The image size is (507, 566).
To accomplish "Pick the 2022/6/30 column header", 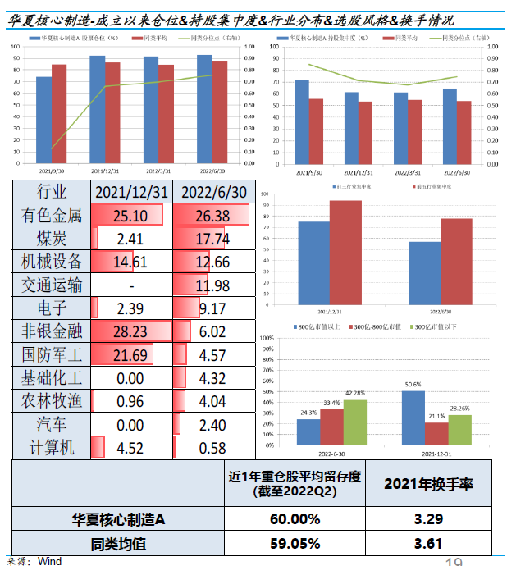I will (x=215, y=193).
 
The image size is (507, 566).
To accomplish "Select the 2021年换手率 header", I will (x=435, y=484).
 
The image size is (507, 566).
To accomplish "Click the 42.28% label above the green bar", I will (x=356, y=392).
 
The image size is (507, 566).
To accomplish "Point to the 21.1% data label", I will (x=436, y=416).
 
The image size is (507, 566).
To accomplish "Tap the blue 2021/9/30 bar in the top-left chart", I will (x=43, y=120).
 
